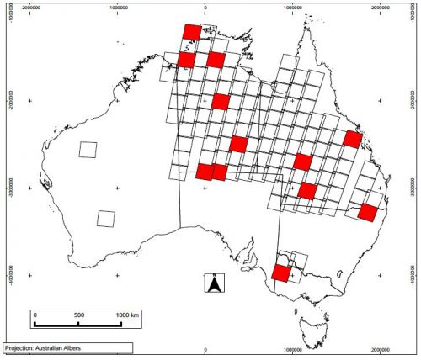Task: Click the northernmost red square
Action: [193, 32]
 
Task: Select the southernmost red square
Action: [280, 273]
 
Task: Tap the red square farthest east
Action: [366, 212]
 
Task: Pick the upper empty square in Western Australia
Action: [87, 151]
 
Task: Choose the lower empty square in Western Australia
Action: [105, 218]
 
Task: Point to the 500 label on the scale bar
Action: [78, 315]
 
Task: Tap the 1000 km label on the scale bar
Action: [128, 315]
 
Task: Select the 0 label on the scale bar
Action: [35, 315]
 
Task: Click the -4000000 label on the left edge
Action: [9, 274]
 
